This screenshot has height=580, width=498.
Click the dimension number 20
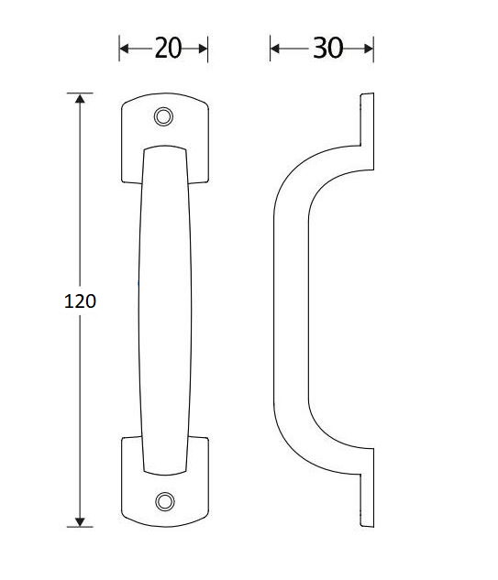[x=168, y=49]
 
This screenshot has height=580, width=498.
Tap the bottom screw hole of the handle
[x=164, y=500]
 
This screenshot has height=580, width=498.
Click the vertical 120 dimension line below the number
[x=82, y=412]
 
